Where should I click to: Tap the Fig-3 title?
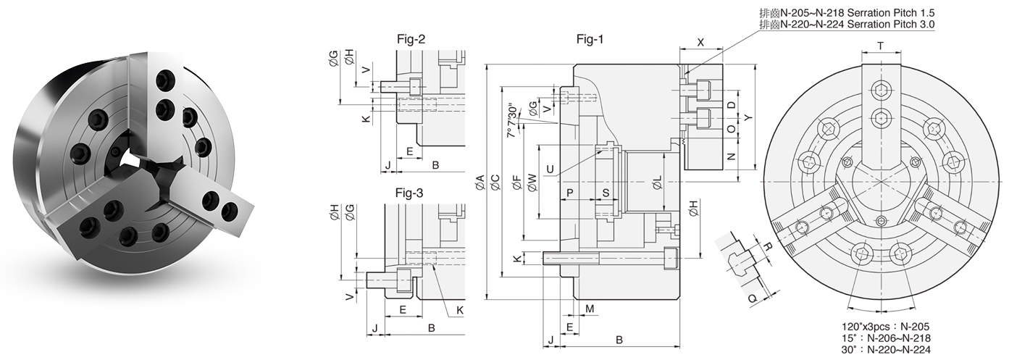(409, 193)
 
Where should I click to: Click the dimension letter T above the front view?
(881, 45)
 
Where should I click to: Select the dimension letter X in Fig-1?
(700, 42)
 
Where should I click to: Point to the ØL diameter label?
(657, 182)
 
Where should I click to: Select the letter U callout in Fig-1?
(551, 170)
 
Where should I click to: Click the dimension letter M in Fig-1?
(590, 309)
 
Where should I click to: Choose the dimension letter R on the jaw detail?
(769, 247)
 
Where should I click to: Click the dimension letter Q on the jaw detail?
(753, 296)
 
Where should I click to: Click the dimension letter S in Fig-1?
(606, 193)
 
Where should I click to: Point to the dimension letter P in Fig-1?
(570, 193)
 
